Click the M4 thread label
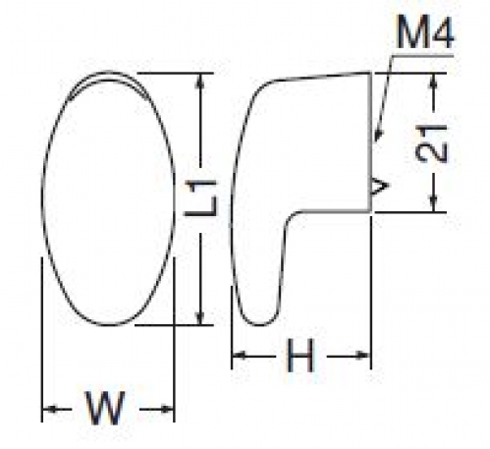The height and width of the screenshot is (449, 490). pyautogui.click(x=425, y=32)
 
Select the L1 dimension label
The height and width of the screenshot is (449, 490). pyautogui.click(x=200, y=198)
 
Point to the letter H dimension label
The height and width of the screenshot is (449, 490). pyautogui.click(x=300, y=356)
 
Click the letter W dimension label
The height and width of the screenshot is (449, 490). pyautogui.click(x=105, y=408)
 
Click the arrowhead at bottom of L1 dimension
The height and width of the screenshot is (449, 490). pyautogui.click(x=200, y=317)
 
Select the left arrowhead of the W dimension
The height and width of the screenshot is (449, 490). pyautogui.click(x=50, y=409)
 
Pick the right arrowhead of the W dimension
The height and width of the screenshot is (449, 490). pyautogui.click(x=166, y=409)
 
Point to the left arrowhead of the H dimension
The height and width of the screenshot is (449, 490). pyautogui.click(x=240, y=355)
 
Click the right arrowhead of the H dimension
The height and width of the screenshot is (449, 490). pyautogui.click(x=363, y=355)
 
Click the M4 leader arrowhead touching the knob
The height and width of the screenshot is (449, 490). pyautogui.click(x=378, y=134)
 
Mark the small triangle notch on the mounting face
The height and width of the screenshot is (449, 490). pyautogui.click(x=379, y=187)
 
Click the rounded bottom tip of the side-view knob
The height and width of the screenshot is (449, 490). pyautogui.click(x=260, y=324)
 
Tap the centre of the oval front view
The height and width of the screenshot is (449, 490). pyautogui.click(x=108, y=198)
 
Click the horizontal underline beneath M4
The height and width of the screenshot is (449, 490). pyautogui.click(x=422, y=56)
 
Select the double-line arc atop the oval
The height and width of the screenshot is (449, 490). pyautogui.click(x=108, y=75)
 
